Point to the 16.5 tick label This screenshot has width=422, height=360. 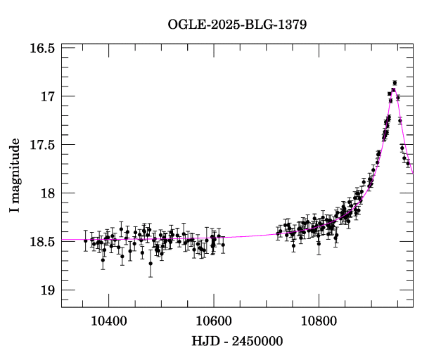(x=43, y=48)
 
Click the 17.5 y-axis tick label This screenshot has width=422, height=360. (x=43, y=145)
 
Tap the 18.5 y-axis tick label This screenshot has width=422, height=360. (x=43, y=242)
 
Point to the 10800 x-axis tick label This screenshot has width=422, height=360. (x=318, y=320)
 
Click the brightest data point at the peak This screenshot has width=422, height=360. (x=395, y=82)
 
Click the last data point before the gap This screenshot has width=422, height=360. (x=223, y=245)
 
